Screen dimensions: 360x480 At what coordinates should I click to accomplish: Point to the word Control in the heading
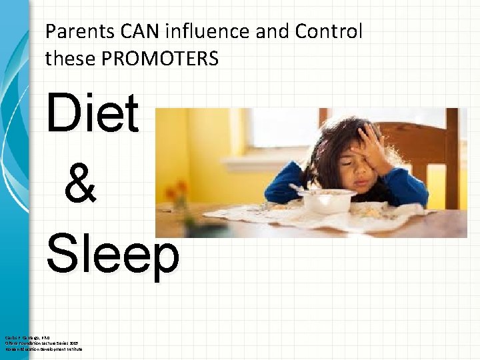tap(329, 31)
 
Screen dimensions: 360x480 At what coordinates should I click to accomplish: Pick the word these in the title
tap(69, 59)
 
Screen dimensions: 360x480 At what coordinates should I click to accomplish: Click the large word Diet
tap(92, 113)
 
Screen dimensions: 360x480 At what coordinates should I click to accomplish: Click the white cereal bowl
tap(327, 200)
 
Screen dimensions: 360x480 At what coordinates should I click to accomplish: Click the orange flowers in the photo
tap(180, 187)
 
